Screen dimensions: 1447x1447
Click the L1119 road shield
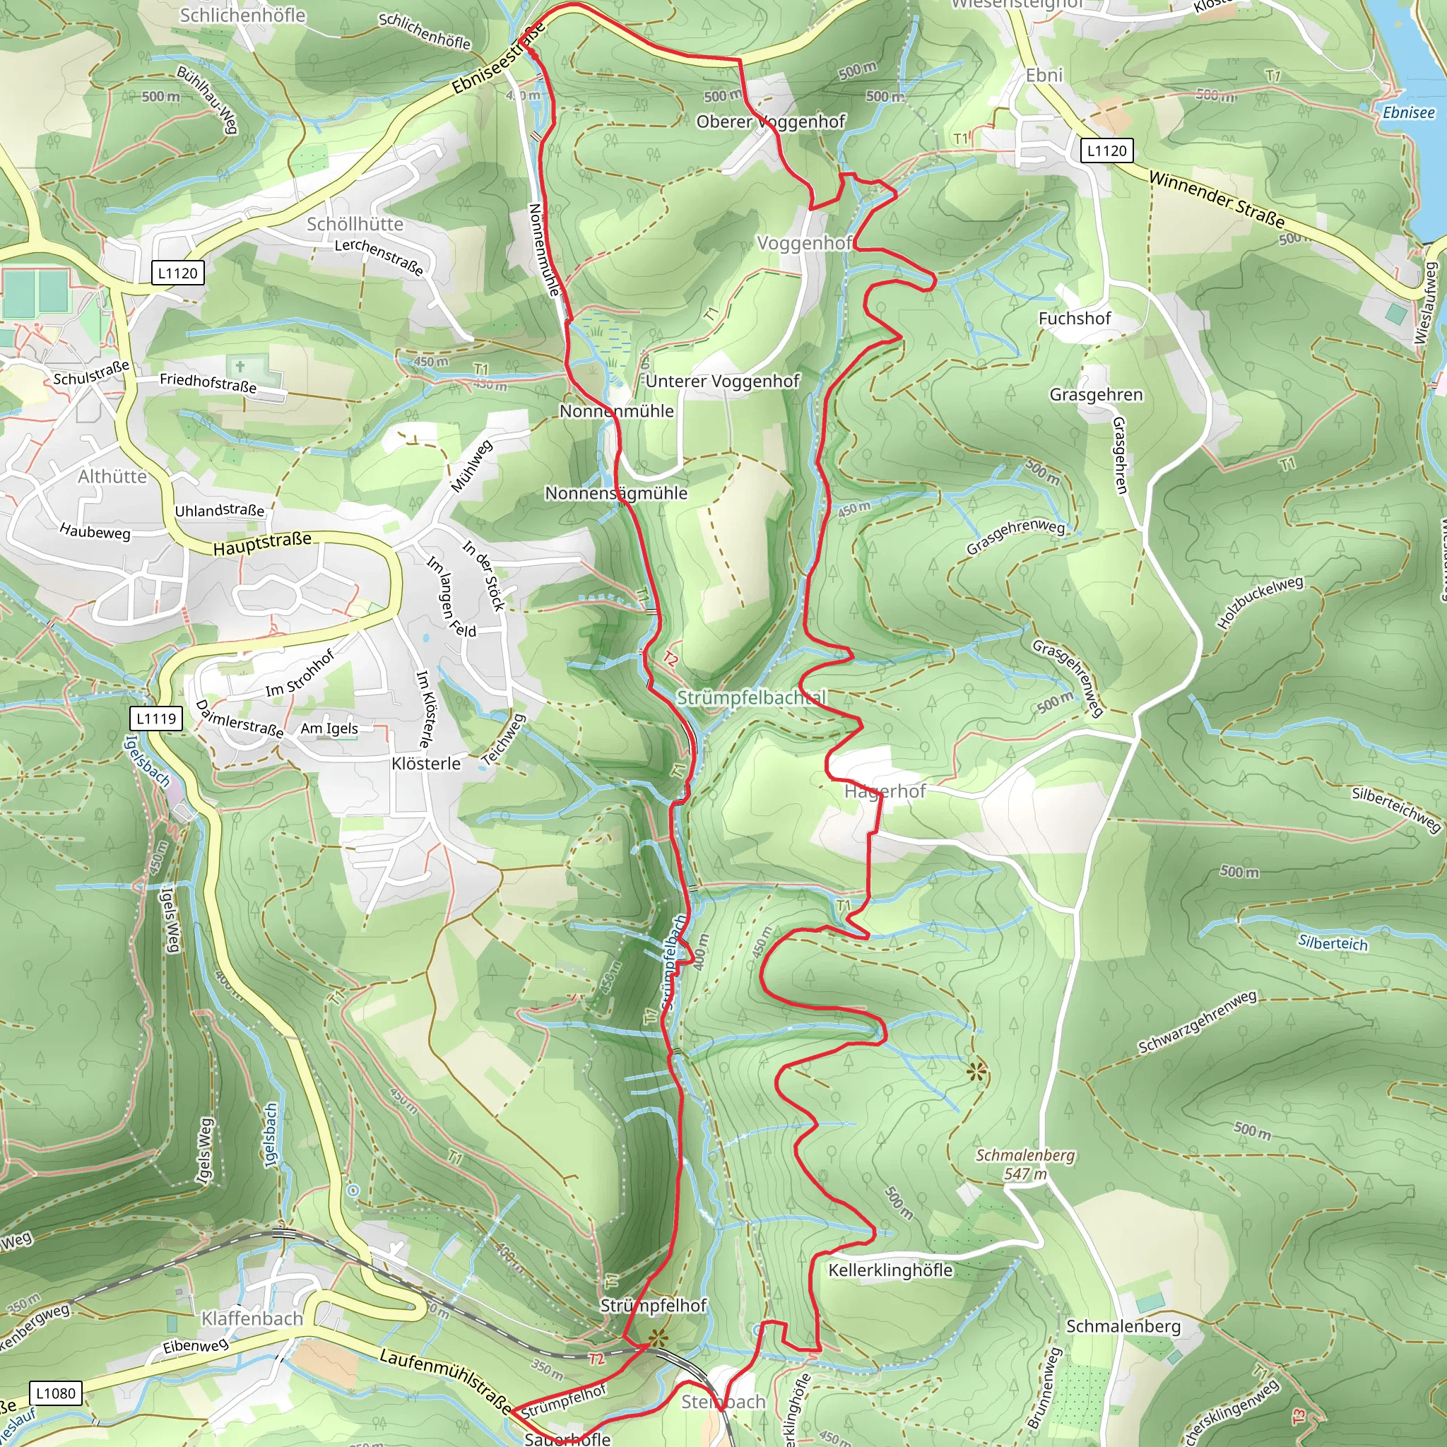[x=155, y=719]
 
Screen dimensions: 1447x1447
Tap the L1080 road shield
[x=57, y=1393]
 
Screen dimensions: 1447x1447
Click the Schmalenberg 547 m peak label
[x=1024, y=1164]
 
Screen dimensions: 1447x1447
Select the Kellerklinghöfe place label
[x=890, y=1270]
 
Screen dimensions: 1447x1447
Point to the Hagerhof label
[x=885, y=791]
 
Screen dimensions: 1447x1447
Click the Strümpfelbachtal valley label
[x=751, y=697]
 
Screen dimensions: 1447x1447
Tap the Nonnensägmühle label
[x=615, y=493]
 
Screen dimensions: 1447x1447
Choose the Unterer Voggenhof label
[x=722, y=382]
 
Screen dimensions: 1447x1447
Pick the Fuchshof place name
[x=1074, y=319]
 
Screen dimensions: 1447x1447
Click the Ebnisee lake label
[x=1408, y=112]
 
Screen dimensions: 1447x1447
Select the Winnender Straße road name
[x=1217, y=199]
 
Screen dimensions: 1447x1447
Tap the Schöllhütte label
[x=355, y=224]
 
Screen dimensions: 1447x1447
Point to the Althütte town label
[x=112, y=476]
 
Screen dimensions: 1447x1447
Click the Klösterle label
[x=426, y=763]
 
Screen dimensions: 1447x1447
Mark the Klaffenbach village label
[x=252, y=1318]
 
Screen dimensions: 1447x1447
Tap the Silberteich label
[x=1333, y=943]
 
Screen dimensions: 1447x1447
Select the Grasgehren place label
[x=1096, y=395]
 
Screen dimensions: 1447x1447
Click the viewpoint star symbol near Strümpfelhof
[x=658, y=1337]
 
